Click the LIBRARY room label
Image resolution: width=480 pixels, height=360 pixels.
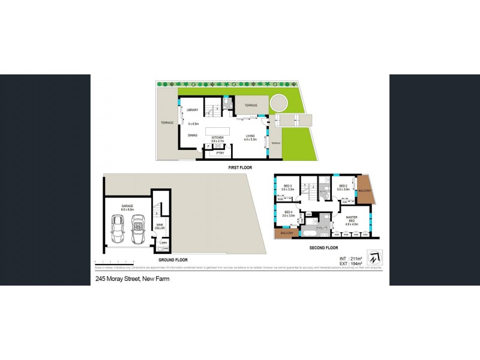(193, 110)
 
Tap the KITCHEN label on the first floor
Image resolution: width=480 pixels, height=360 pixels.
(217, 137)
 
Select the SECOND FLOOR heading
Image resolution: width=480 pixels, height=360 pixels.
(324, 247)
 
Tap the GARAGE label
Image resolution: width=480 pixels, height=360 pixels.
(127, 206)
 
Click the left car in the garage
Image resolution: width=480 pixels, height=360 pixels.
(118, 229)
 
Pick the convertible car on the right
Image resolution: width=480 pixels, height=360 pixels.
(139, 229)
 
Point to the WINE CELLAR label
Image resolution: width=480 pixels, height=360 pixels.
(160, 226)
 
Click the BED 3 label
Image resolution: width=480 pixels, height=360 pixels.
(288, 186)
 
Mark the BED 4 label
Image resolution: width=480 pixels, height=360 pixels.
(288, 212)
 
